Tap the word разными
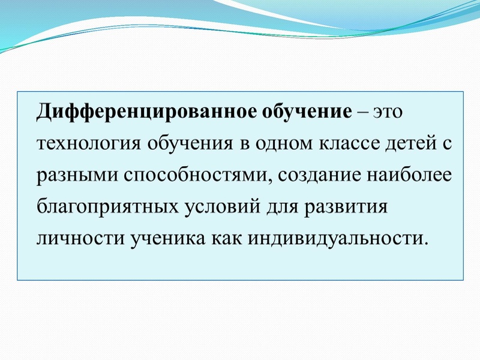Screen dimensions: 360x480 [77, 175]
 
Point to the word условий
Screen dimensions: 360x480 [220, 206]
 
